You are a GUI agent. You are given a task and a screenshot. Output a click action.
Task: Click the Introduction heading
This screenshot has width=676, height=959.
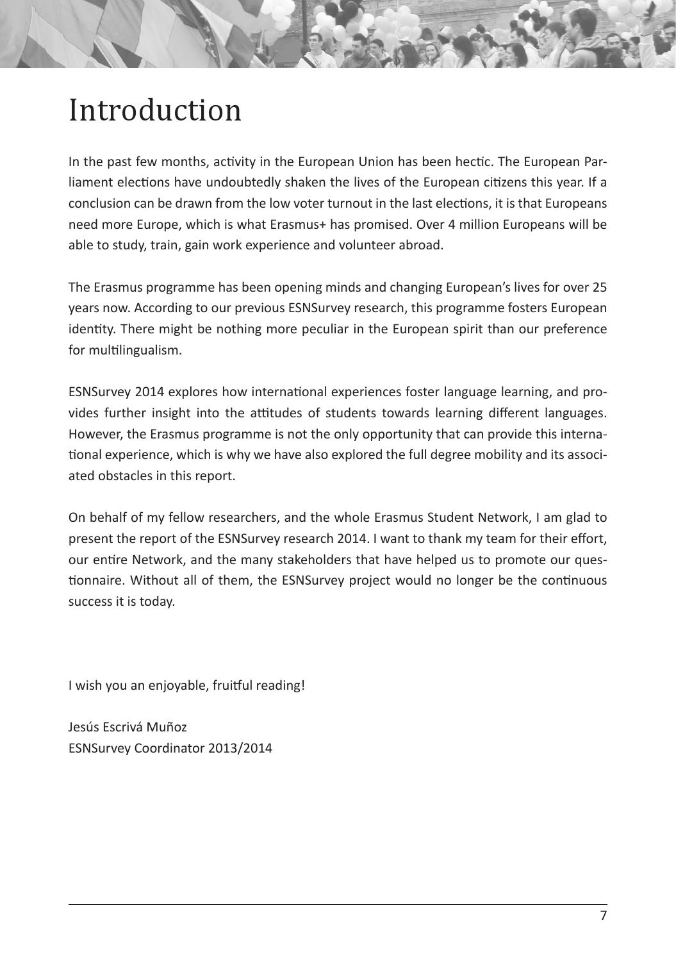[x=155, y=110]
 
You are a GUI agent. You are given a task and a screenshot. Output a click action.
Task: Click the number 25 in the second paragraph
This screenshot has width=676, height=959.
[x=599, y=287]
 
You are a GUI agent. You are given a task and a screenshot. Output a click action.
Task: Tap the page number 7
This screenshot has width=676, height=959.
[x=603, y=915]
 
